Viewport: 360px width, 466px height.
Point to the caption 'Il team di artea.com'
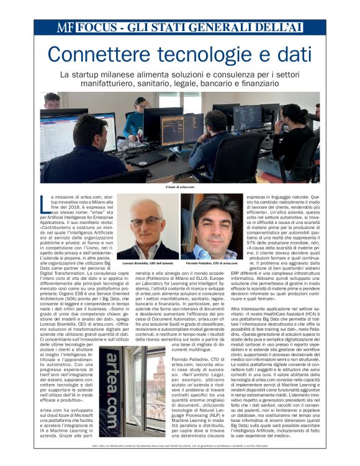click(179, 187)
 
